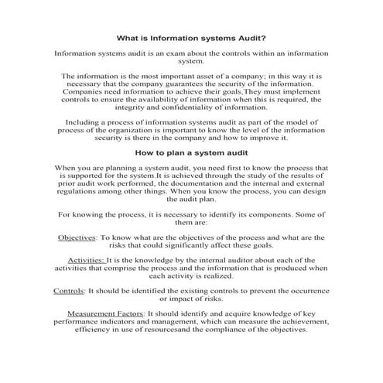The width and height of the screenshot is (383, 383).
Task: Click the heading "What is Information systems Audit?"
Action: click(191, 36)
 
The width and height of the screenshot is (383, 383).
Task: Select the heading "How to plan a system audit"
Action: click(191, 152)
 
